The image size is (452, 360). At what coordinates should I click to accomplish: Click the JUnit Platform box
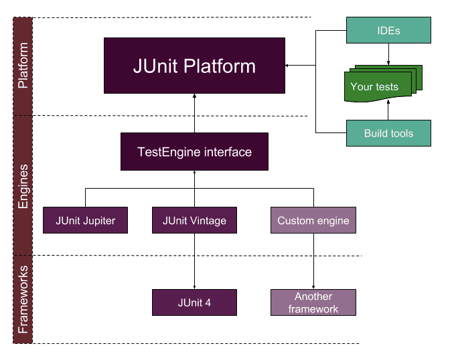point(194,66)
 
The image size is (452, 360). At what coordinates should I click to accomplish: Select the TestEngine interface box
point(194,151)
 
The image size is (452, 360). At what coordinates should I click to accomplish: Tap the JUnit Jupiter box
point(85,220)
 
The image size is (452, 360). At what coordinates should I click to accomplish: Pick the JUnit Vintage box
point(194,220)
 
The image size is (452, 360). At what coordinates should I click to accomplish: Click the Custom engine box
point(313,220)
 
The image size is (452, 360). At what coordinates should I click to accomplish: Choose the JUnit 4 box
point(194,302)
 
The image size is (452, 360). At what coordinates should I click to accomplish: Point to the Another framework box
point(313,302)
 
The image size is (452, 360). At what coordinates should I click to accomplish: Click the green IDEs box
point(388,30)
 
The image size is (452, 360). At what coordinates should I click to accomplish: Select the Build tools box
point(388,133)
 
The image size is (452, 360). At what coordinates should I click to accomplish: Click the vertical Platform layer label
point(23,66)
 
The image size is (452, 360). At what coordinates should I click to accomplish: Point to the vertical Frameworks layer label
point(23,299)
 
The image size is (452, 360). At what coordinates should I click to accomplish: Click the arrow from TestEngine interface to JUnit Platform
point(194,113)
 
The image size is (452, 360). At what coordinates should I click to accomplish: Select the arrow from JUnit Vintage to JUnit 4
point(194,261)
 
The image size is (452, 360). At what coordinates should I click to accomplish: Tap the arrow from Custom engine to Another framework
point(313,261)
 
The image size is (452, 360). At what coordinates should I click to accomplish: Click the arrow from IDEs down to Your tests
point(388,54)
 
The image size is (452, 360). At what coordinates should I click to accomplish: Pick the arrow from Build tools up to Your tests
point(388,110)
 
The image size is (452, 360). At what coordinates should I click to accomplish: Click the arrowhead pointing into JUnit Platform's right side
point(288,66)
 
